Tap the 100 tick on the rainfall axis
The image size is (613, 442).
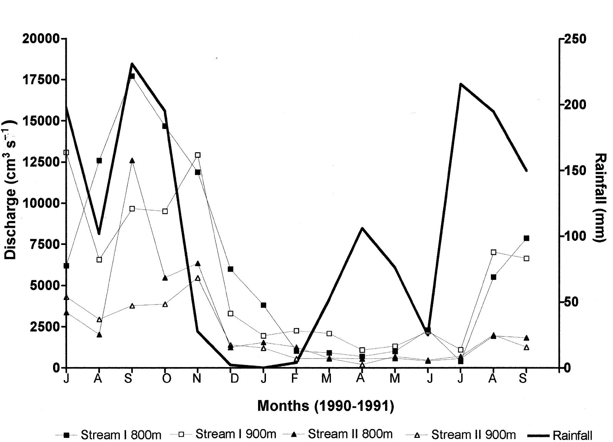[x=576, y=236]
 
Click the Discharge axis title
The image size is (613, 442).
[x=10, y=190]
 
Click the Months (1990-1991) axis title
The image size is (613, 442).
[x=325, y=406]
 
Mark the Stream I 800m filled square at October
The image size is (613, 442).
[x=165, y=126]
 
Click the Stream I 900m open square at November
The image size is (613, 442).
[x=198, y=155]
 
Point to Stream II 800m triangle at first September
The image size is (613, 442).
[x=132, y=160]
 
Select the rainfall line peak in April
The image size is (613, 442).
[x=362, y=228]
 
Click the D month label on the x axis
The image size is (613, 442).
[x=234, y=378]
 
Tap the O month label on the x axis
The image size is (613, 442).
[x=166, y=378]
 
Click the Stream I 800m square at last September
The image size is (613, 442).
[x=526, y=238]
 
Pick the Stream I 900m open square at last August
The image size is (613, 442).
[x=494, y=252]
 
